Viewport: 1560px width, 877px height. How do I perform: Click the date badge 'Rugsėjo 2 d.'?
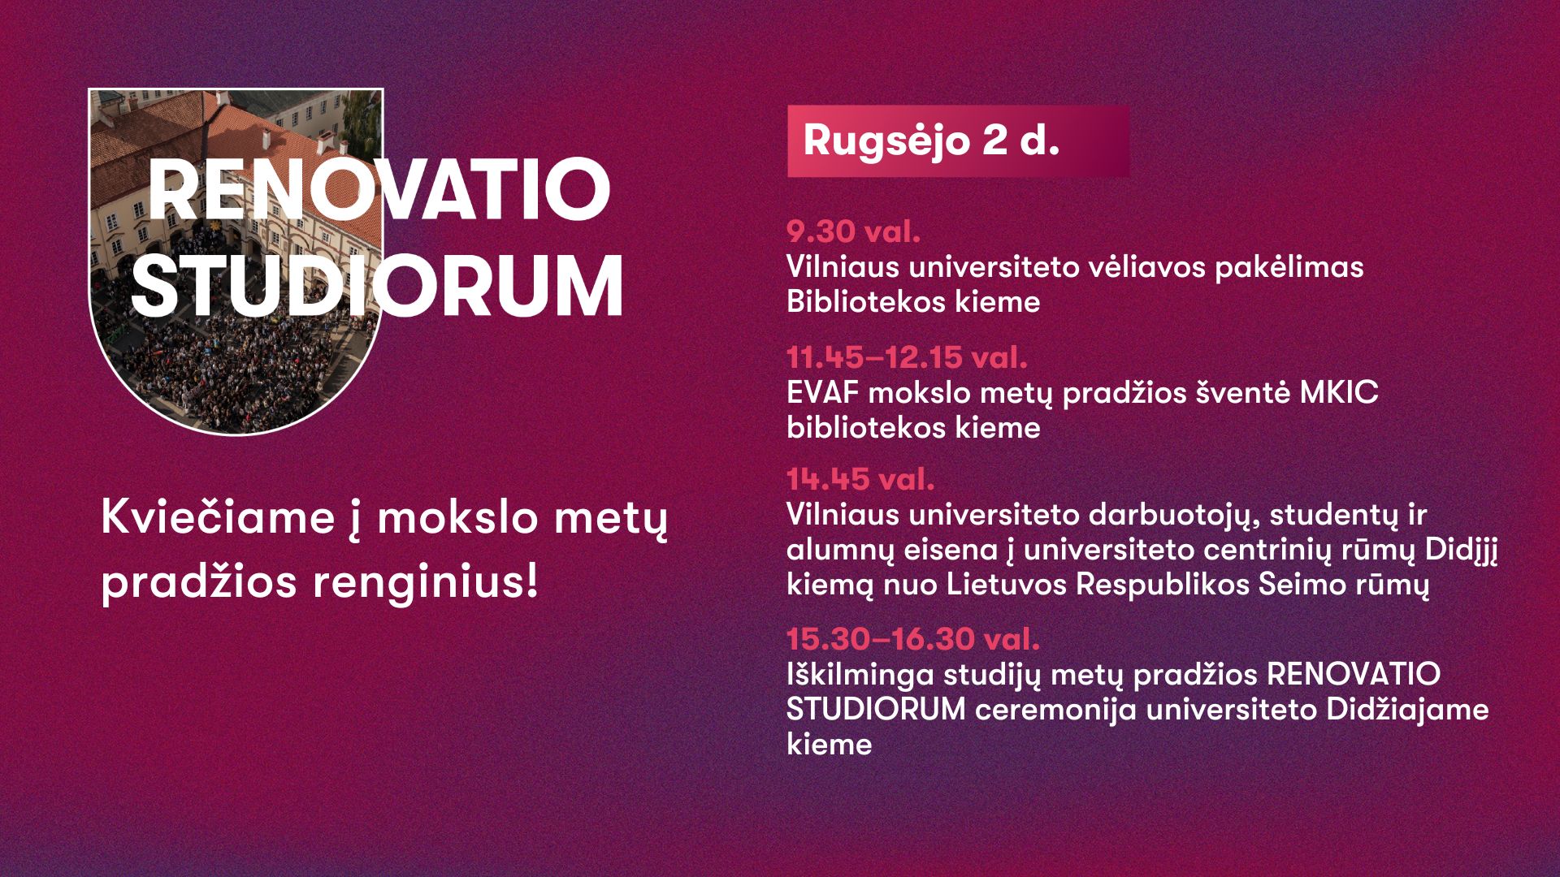click(958, 141)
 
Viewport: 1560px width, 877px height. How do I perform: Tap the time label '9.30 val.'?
click(853, 232)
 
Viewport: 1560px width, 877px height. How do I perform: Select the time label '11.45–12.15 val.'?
click(907, 357)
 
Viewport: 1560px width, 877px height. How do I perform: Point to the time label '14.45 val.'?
click(860, 479)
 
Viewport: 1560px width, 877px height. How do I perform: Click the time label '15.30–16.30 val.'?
click(913, 639)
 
